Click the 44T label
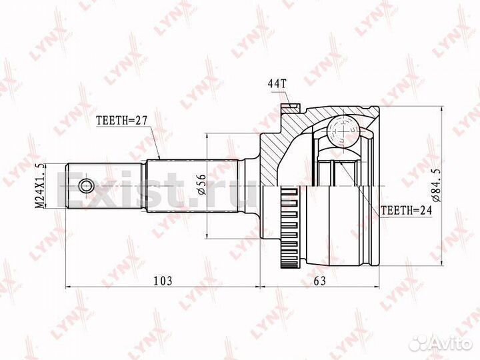[277, 84]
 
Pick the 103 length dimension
[161, 281]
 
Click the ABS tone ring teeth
[289, 227]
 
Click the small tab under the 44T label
[289, 105]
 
